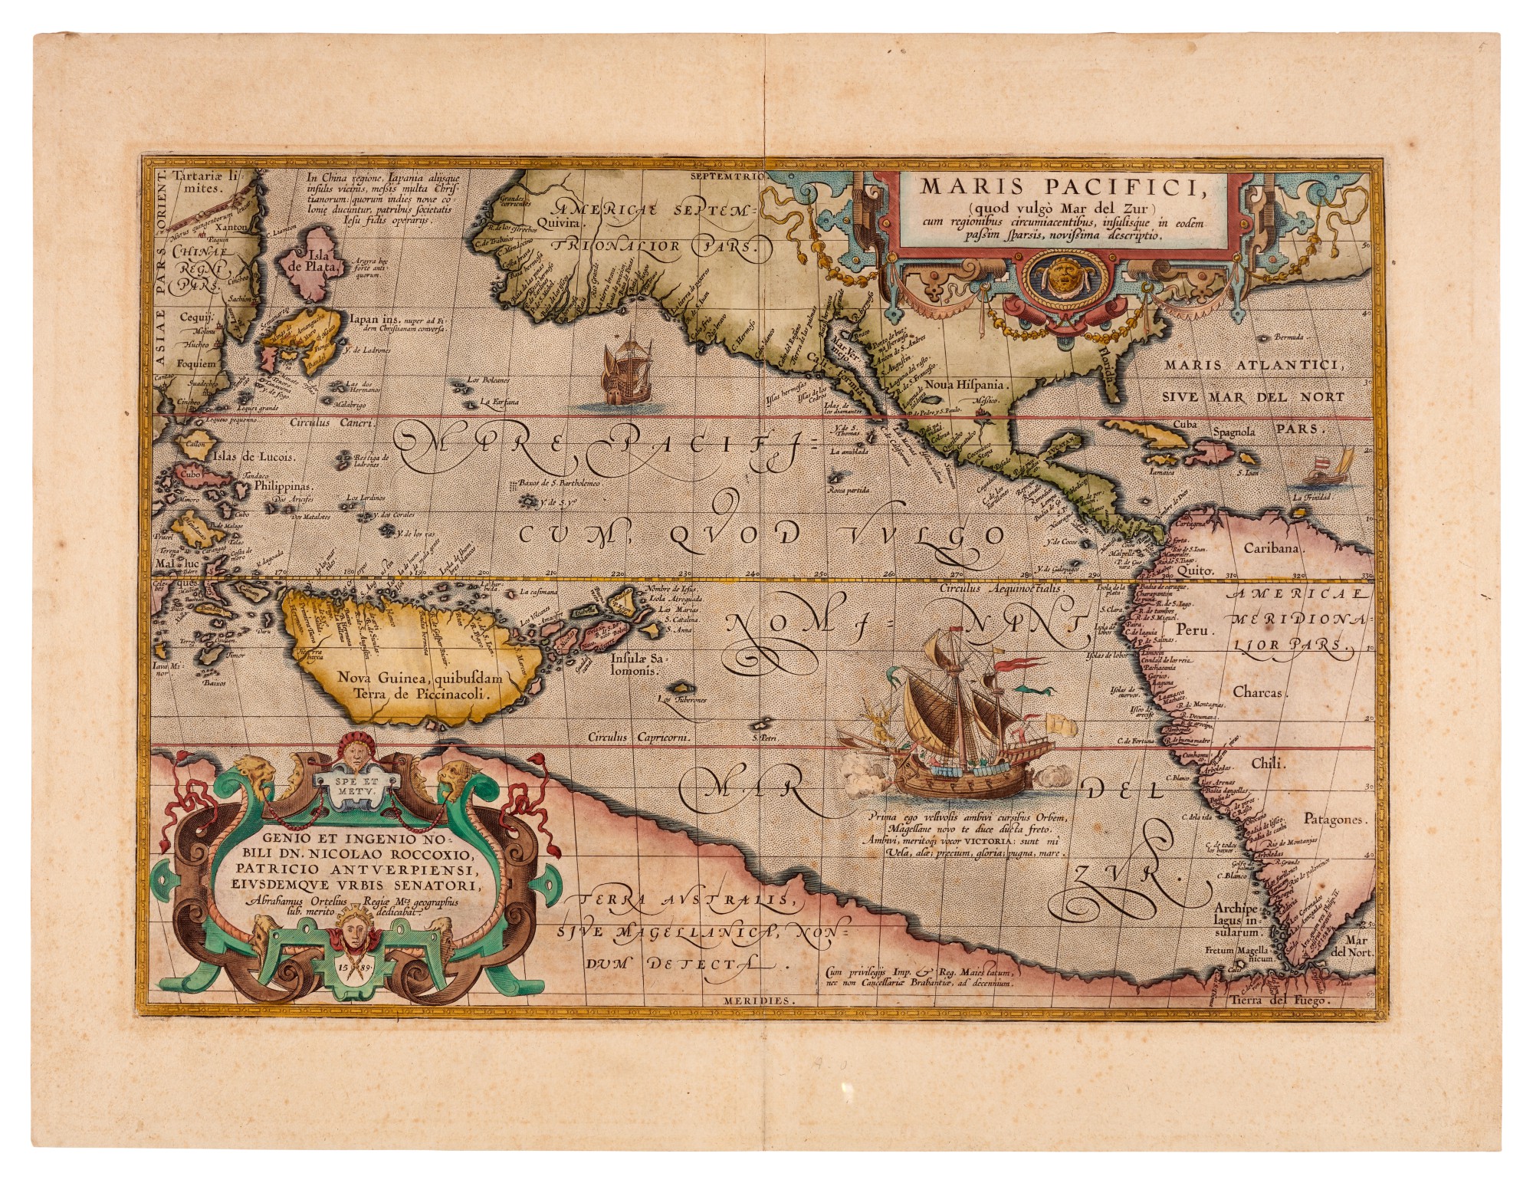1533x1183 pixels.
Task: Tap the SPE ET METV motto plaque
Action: pyautogui.click(x=350, y=785)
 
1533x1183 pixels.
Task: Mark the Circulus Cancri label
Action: pyautogui.click(x=330, y=422)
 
